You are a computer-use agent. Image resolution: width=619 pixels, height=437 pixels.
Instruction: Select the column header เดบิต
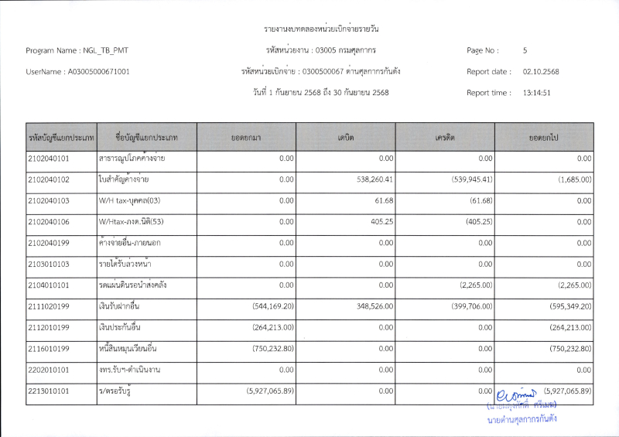pos(346,137)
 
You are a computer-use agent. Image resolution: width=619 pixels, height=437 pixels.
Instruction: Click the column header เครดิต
pos(445,137)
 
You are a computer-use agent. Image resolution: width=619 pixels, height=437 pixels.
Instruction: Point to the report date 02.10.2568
pos(541,72)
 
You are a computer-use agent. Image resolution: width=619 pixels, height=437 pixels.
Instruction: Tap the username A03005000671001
pos(99,72)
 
